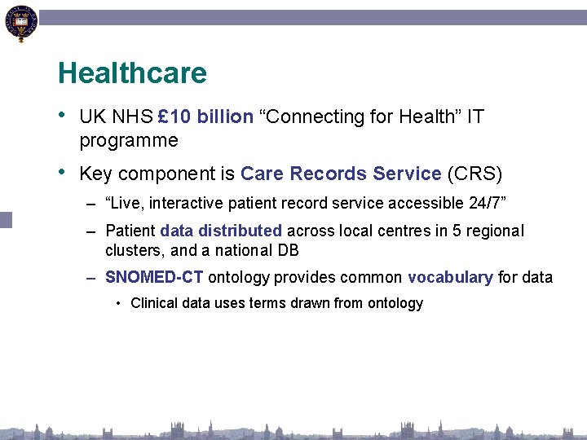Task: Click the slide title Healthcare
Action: (x=132, y=73)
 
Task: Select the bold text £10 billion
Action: (x=205, y=117)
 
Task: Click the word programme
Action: (x=128, y=140)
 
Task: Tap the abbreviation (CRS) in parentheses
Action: (x=475, y=174)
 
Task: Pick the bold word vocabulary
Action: (x=450, y=277)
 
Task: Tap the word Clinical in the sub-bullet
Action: (x=156, y=303)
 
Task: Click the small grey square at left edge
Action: (x=6, y=219)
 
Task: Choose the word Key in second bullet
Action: (x=94, y=174)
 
